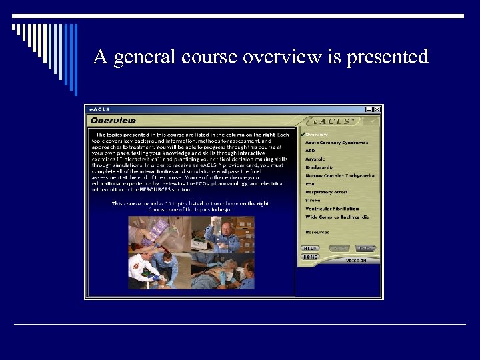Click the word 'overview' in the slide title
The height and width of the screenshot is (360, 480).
282,57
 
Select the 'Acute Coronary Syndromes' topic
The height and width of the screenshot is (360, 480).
337,143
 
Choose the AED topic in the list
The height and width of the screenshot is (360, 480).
311,151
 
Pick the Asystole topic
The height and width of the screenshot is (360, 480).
315,159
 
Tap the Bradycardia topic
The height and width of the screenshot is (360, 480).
319,167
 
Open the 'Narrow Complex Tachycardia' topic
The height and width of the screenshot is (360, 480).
340,176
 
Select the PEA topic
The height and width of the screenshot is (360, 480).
310,184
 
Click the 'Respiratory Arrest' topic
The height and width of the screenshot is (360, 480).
327,192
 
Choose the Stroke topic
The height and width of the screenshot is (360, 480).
313,200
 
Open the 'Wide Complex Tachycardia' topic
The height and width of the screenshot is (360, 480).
337,217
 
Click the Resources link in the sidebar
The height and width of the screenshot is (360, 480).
317,233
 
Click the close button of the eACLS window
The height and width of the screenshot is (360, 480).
377,109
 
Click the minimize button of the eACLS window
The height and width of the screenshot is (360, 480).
369,109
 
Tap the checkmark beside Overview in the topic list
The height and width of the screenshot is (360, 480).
303,134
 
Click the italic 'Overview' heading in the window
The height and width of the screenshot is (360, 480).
113,121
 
